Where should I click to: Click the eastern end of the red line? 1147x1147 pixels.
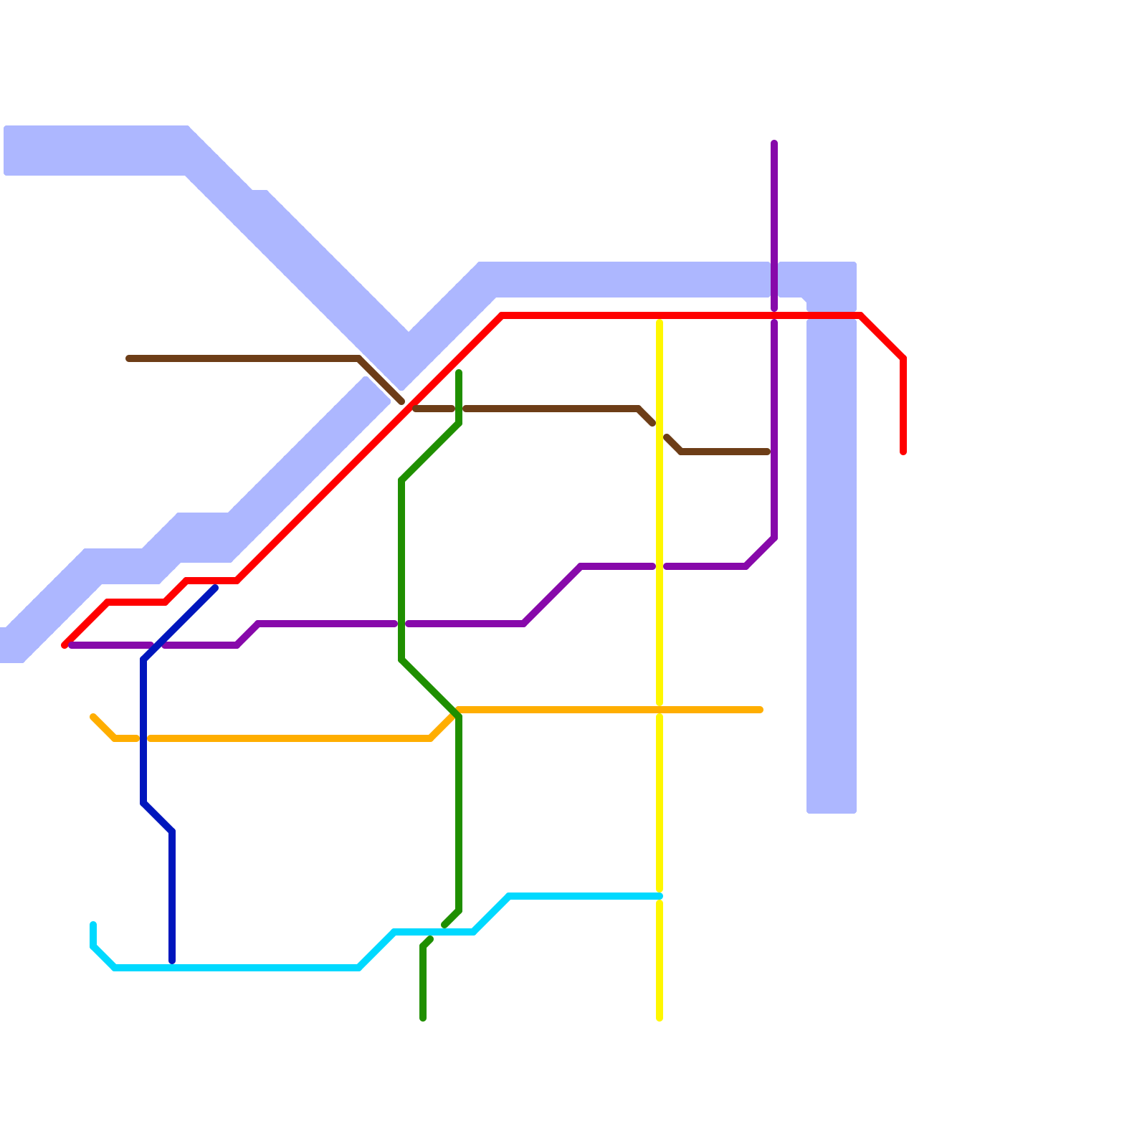coord(903,452)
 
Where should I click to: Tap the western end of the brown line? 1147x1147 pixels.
coord(128,358)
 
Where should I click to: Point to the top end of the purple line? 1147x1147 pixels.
coord(774,143)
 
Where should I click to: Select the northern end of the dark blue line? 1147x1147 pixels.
coord(214,589)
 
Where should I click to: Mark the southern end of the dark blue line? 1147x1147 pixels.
coord(172,961)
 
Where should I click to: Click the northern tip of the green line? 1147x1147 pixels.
coord(459,373)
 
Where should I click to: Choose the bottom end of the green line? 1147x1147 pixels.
coord(423,1018)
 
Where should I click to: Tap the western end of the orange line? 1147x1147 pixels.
coord(93,717)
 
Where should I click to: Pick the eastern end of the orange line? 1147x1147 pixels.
coord(760,710)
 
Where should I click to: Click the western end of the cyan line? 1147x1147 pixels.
coord(93,925)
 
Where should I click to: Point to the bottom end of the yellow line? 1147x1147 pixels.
coord(660,1018)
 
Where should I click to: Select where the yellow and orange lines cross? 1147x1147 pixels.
coord(660,710)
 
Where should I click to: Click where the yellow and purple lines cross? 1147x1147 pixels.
coord(660,566)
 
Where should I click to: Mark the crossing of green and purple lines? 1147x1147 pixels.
coord(401,624)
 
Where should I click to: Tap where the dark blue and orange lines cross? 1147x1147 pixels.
coord(143,738)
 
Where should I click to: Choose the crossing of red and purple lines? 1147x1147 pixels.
coord(774,315)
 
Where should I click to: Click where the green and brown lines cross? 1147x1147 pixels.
coord(459,409)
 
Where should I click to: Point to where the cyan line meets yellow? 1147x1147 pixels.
coord(660,896)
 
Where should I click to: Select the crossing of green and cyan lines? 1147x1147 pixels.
coord(437,932)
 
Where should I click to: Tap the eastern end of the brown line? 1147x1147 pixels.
coord(767,452)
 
